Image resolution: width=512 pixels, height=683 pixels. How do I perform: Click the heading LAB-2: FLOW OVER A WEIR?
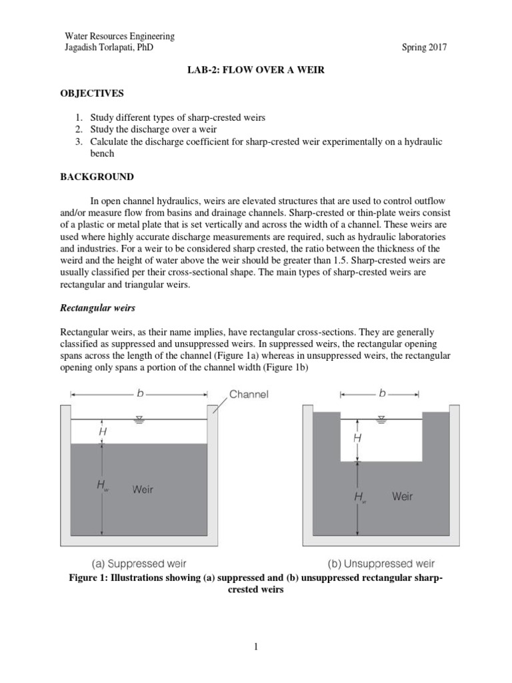click(x=255, y=70)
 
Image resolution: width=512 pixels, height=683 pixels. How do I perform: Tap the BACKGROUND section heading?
click(x=97, y=177)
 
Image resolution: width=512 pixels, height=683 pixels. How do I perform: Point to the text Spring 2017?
click(x=424, y=47)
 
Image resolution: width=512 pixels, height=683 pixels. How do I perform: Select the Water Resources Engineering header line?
click(x=119, y=36)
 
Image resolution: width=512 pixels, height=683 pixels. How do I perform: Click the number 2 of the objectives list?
click(x=78, y=129)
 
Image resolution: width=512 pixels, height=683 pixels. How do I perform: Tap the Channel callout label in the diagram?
click(x=249, y=394)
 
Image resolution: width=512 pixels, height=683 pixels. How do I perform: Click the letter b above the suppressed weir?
click(x=141, y=394)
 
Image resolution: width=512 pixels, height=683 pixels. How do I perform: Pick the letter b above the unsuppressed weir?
click(x=383, y=394)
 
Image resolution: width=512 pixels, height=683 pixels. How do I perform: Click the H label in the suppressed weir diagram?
click(x=102, y=432)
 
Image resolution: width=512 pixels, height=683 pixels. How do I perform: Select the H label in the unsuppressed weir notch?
click(x=357, y=438)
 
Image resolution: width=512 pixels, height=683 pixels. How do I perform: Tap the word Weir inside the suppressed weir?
click(x=143, y=489)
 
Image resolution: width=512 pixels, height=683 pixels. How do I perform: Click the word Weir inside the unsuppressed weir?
click(x=402, y=496)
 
